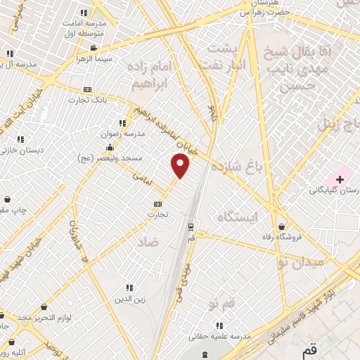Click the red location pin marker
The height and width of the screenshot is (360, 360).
click(x=181, y=165)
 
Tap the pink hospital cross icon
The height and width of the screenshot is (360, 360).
click(x=340, y=179)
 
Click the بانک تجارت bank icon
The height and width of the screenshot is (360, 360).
click(x=87, y=89)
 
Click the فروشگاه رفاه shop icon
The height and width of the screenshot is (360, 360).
click(x=282, y=227)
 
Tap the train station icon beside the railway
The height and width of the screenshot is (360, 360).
click(x=191, y=226)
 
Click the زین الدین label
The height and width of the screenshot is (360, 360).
click(x=130, y=300)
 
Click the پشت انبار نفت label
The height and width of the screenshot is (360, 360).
click(x=229, y=56)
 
